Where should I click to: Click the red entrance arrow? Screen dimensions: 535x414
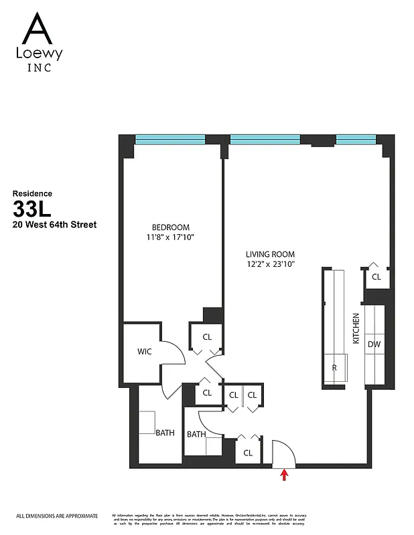[284, 474]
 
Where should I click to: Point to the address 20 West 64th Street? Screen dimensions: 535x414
[54, 225]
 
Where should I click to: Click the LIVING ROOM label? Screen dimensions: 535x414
[270, 254]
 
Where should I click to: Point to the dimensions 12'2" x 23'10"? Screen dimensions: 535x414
[270, 264]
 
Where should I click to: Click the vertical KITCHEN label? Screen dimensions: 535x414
[356, 328]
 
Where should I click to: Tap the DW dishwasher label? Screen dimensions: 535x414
[373, 344]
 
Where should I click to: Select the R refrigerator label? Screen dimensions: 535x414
[334, 367]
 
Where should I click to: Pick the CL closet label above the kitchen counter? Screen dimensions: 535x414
[376, 276]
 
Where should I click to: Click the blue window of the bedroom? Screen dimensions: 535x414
[170, 139]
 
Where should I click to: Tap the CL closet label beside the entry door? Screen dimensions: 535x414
[248, 453]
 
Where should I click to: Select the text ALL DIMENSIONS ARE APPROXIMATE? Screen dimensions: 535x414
[57, 516]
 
